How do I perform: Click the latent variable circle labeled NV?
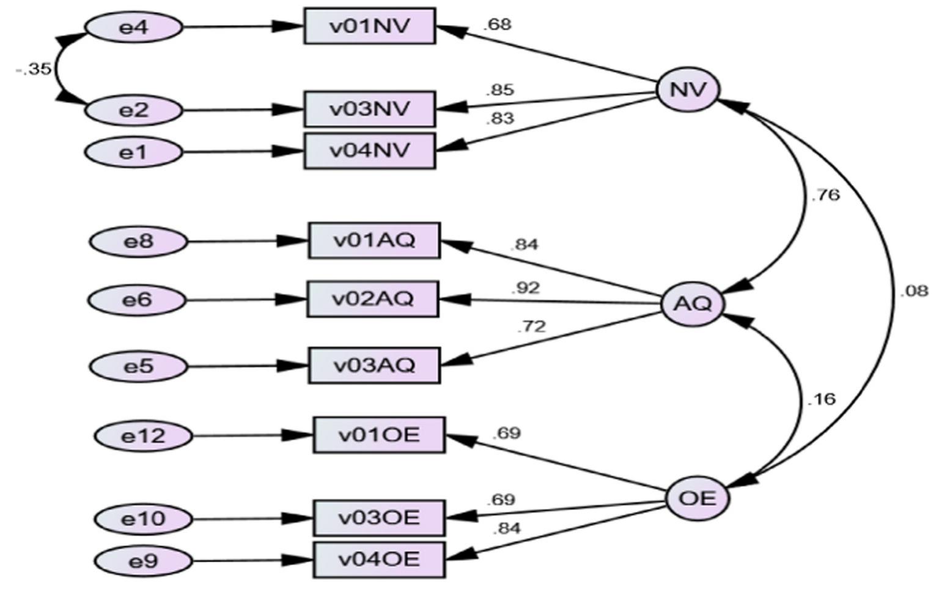coord(688,90)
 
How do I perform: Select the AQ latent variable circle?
coord(693,303)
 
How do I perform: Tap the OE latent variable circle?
coord(697,498)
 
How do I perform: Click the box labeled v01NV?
coord(370,26)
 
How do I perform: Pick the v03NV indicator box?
coord(370,109)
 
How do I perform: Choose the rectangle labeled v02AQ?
coord(373,299)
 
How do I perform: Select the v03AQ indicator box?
coord(374,365)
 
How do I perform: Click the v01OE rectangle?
coord(379,435)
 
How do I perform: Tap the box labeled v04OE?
coord(379,560)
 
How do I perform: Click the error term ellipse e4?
coord(133,28)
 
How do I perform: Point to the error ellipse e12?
coord(143,436)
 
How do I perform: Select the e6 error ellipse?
coord(137,300)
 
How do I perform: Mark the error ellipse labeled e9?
coord(143,561)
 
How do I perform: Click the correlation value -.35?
coord(34,69)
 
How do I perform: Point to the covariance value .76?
coord(825,196)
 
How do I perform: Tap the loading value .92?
coord(525,287)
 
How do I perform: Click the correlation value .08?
coord(913,291)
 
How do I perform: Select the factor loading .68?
coord(496,25)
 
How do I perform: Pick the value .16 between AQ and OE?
coord(821,399)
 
